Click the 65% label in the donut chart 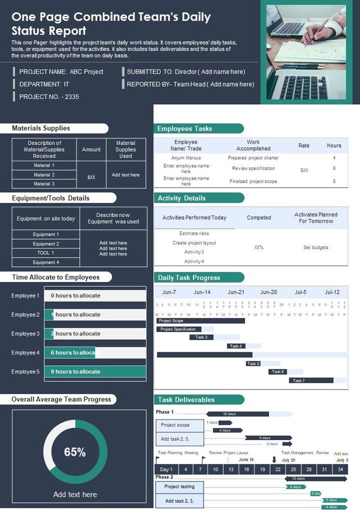point(74,452)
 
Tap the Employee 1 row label point(25,295)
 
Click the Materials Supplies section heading point(41,128)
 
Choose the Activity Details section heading point(182,198)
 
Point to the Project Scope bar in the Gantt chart point(200,321)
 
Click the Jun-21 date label point(236,292)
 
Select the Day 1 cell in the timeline point(166,469)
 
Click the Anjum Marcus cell point(186,158)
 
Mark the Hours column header point(334,146)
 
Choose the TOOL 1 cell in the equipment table point(46,253)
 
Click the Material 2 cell point(44,174)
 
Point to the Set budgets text point(316,247)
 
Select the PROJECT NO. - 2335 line point(49,97)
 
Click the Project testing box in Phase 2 point(179,486)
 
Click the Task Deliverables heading point(186,400)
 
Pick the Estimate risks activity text point(194,233)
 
